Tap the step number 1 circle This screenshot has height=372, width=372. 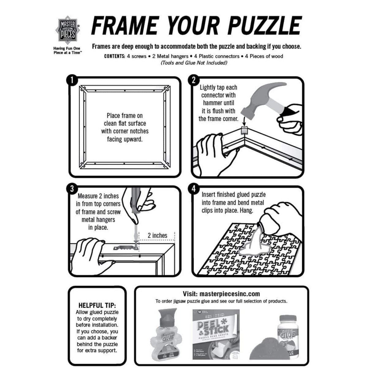tap(72, 81)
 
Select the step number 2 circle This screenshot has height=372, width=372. tap(194, 81)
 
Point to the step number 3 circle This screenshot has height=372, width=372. tap(72, 189)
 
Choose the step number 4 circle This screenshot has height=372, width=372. tap(194, 189)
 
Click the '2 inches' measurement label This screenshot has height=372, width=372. tap(157, 235)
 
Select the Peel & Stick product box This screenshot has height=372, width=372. tap(216, 334)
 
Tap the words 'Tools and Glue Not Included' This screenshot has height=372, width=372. tap(194, 63)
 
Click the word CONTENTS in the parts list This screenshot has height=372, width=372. tap(115, 56)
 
